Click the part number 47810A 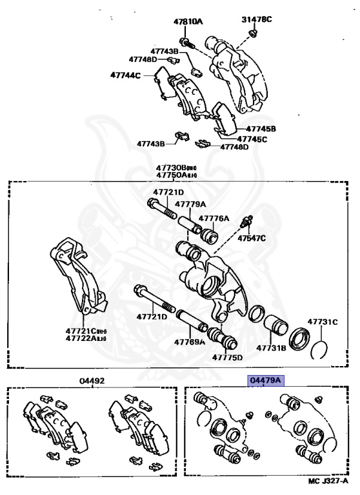[188, 21]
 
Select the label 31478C [257, 19]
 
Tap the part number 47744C [125, 75]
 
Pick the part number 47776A [213, 218]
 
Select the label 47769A [189, 341]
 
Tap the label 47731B [272, 347]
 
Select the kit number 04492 [92, 381]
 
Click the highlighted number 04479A [266, 381]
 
